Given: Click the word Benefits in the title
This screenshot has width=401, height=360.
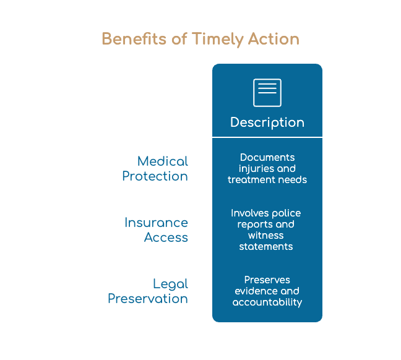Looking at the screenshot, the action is (134, 39).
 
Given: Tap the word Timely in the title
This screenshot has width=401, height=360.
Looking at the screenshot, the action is (218, 40).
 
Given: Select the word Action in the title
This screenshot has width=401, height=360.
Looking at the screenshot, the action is (274, 39).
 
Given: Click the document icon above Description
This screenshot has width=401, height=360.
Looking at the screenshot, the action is (267, 93).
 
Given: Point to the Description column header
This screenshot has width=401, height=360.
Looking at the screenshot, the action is (267, 122).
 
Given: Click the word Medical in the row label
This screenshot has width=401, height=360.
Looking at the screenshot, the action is (163, 161).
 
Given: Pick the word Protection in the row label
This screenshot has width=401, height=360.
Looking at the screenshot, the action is (155, 176).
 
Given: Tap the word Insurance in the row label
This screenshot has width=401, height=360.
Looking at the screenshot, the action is (157, 223).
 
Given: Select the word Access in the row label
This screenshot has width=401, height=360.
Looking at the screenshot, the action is (166, 238).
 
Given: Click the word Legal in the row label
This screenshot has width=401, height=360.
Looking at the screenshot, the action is (171, 285).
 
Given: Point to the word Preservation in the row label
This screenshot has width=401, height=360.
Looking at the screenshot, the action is (148, 298).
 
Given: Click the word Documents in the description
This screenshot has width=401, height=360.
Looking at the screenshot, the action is (267, 157).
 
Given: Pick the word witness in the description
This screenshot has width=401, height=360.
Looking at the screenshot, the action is (266, 235).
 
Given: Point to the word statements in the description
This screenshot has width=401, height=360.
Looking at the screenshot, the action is (266, 246).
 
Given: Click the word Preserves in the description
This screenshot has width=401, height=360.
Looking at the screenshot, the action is (267, 280).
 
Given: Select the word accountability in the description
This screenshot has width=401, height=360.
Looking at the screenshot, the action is (267, 302).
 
